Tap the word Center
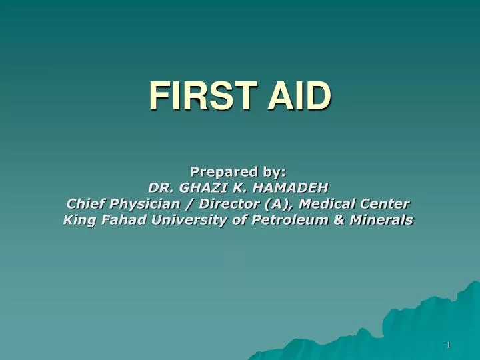386,203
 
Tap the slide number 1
449,345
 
